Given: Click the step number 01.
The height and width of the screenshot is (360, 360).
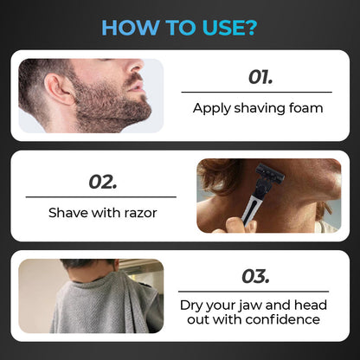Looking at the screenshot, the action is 260,77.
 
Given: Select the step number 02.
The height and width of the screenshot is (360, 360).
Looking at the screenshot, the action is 103,183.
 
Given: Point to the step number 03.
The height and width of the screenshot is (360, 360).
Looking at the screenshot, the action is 255,276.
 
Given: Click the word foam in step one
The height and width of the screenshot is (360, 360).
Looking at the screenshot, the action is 305,108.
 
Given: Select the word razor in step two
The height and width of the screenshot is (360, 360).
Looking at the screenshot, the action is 140,213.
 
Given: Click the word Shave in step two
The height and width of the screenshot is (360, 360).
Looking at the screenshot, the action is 68,213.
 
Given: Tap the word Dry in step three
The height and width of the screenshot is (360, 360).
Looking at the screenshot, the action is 191,305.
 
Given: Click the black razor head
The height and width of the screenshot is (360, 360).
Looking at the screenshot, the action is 270,172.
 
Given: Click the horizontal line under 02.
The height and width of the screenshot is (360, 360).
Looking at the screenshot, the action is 101,197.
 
